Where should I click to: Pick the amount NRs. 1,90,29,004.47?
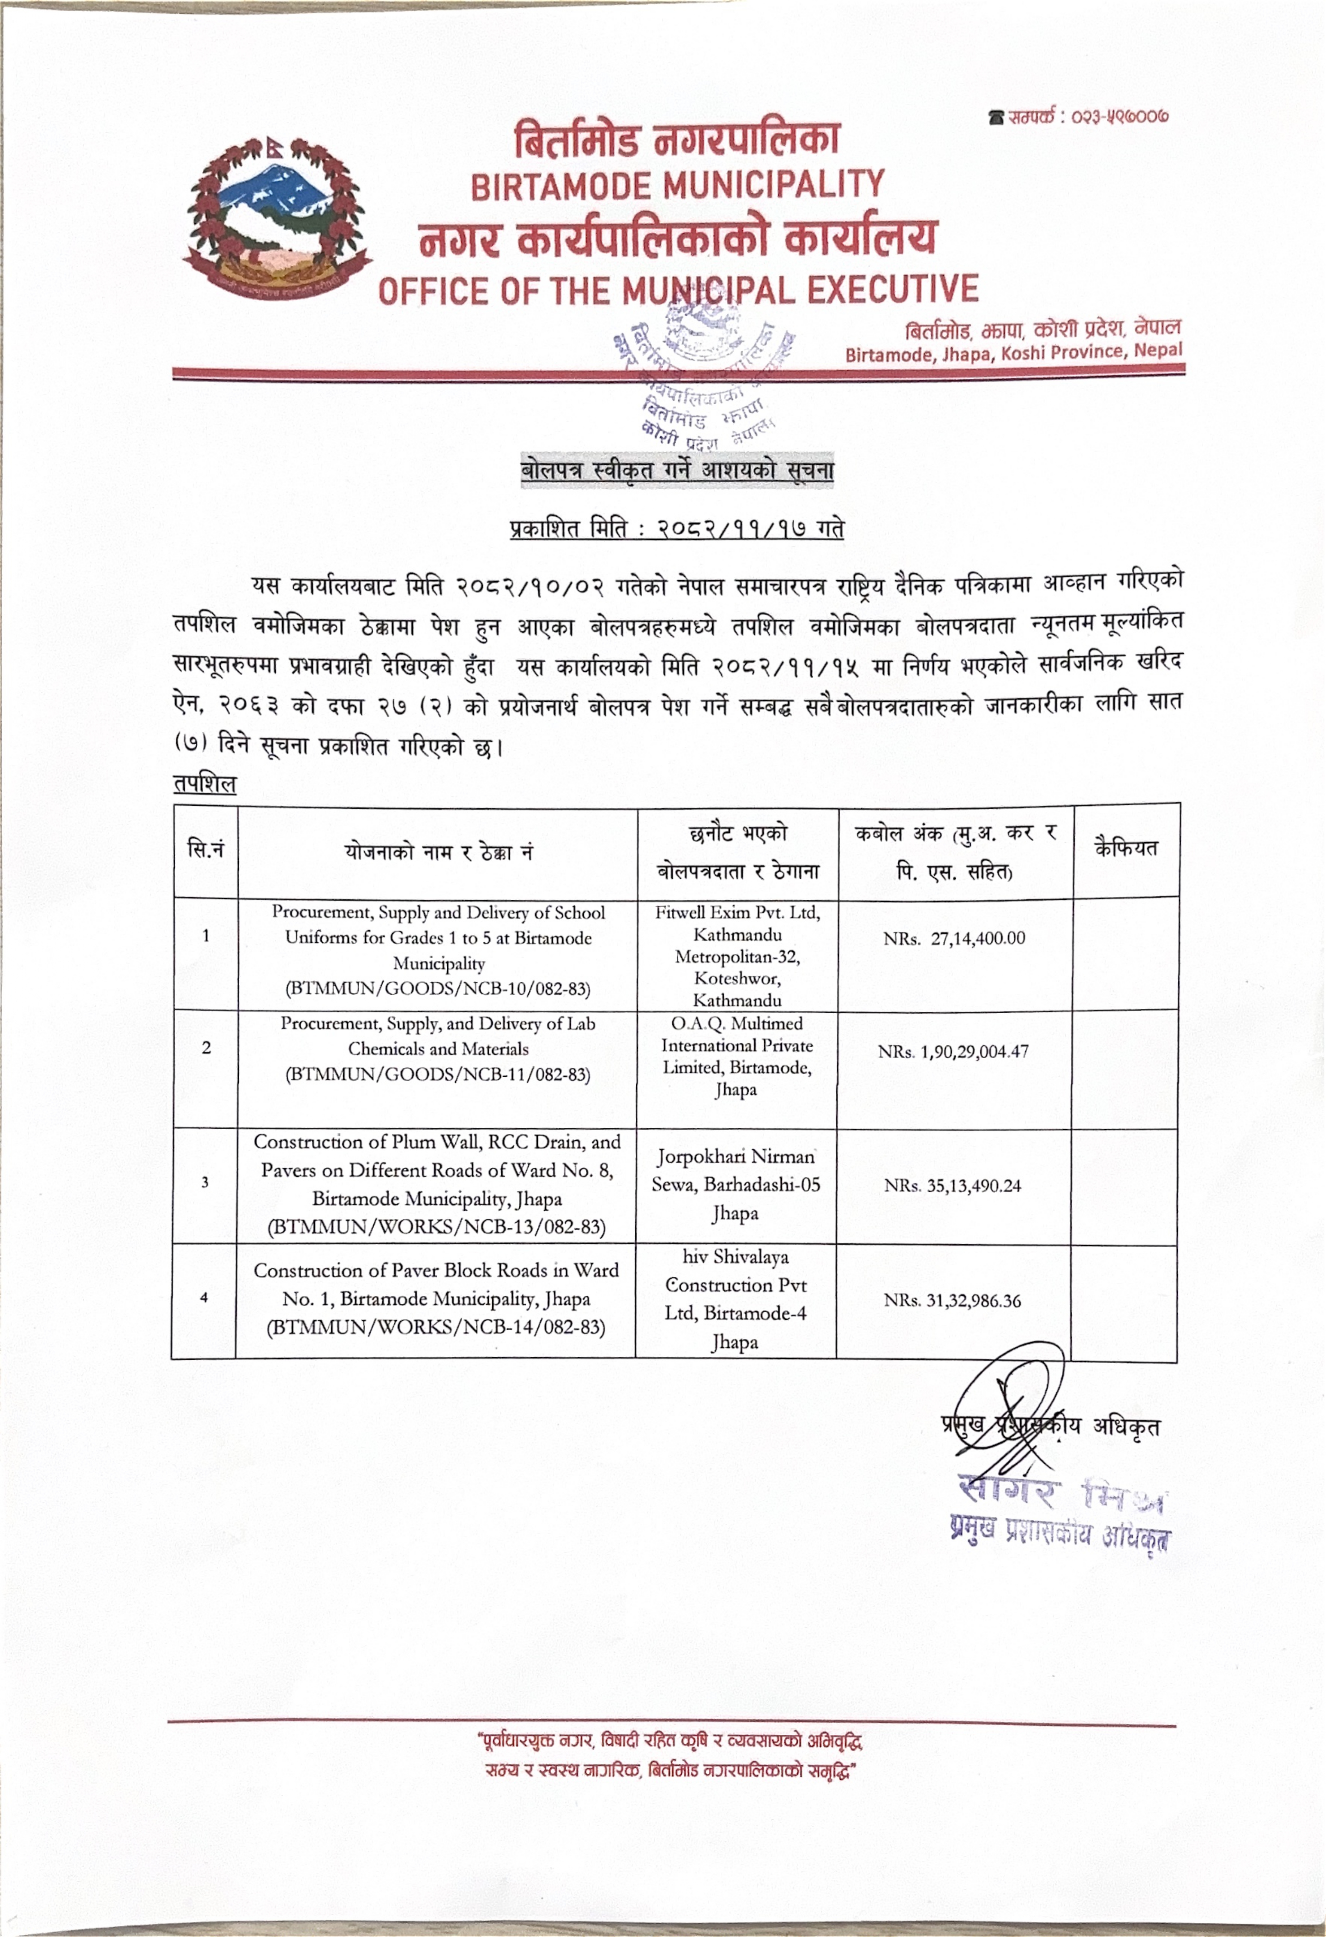coord(953,1052)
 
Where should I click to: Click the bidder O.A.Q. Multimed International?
coord(737,1045)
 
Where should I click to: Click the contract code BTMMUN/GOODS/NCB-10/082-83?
coord(438,989)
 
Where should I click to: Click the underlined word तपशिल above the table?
coord(205,785)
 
